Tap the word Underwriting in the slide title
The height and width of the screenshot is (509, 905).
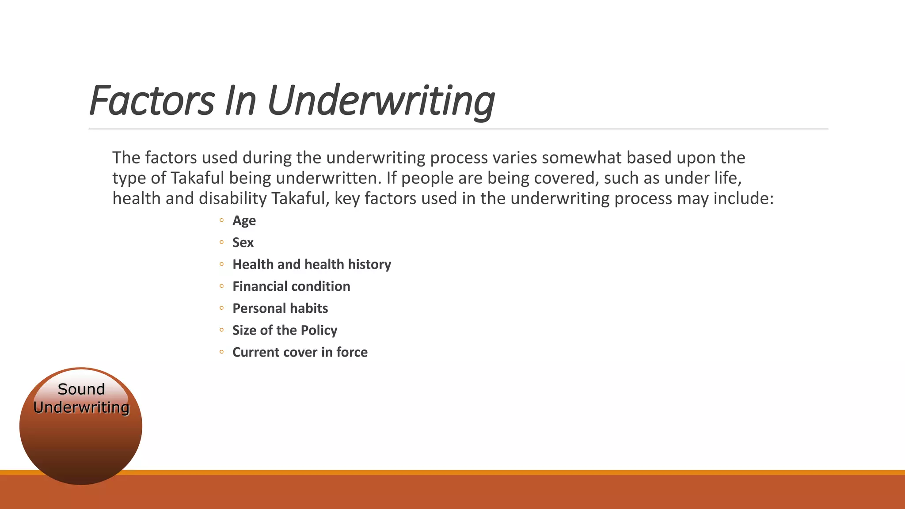pos(381,101)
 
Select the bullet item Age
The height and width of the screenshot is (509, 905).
pos(244,220)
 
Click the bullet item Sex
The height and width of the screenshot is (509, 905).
pos(243,243)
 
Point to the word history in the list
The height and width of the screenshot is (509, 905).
pos(369,264)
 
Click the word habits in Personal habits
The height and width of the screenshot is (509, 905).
pos(309,308)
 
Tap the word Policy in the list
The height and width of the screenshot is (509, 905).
pos(319,330)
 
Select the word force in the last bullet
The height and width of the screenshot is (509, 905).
pos(352,352)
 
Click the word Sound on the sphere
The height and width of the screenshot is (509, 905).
pos(81,389)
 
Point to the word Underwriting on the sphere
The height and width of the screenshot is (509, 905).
pos(81,407)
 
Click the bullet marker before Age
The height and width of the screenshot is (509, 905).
pos(221,220)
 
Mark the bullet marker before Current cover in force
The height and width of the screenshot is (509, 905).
pos(221,352)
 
